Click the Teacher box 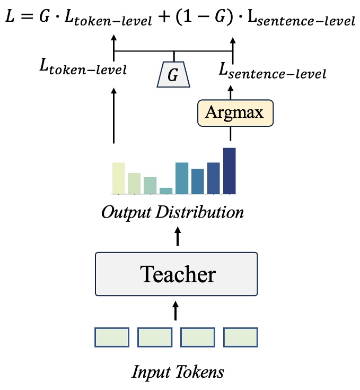pyautogui.click(x=176, y=274)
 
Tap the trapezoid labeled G pyautogui.click(x=173, y=75)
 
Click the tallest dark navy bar pyautogui.click(x=230, y=170)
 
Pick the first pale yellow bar pyautogui.click(x=118, y=178)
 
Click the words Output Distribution pyautogui.click(x=173, y=213)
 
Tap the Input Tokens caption pyautogui.click(x=178, y=371)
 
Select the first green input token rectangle pyautogui.click(x=112, y=337)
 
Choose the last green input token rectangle pyautogui.click(x=240, y=337)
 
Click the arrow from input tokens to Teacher pyautogui.click(x=177, y=310)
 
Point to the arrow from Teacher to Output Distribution pyautogui.click(x=177, y=237)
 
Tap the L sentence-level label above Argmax pyautogui.click(x=272, y=71)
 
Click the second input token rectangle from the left pyautogui.click(x=155, y=337)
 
